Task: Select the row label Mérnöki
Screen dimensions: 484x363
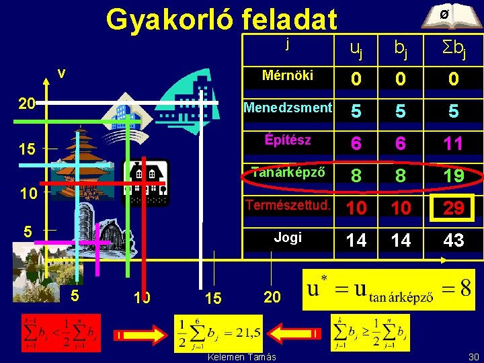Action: (288, 75)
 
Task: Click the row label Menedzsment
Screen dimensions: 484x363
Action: (288, 108)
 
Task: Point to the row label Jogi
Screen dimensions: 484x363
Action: (288, 237)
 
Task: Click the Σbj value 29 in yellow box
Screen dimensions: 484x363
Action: (454, 208)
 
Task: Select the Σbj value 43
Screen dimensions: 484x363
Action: (454, 240)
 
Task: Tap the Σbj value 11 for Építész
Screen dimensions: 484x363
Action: (454, 143)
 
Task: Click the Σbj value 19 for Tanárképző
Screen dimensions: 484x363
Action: (454, 175)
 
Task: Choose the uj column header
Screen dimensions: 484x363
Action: (356, 47)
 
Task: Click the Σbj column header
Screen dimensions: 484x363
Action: (453, 47)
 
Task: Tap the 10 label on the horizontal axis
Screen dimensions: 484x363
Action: (142, 297)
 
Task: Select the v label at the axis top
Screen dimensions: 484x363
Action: (61, 73)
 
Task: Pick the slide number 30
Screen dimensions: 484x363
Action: (472, 356)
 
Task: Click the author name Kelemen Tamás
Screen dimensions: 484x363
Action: (242, 356)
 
